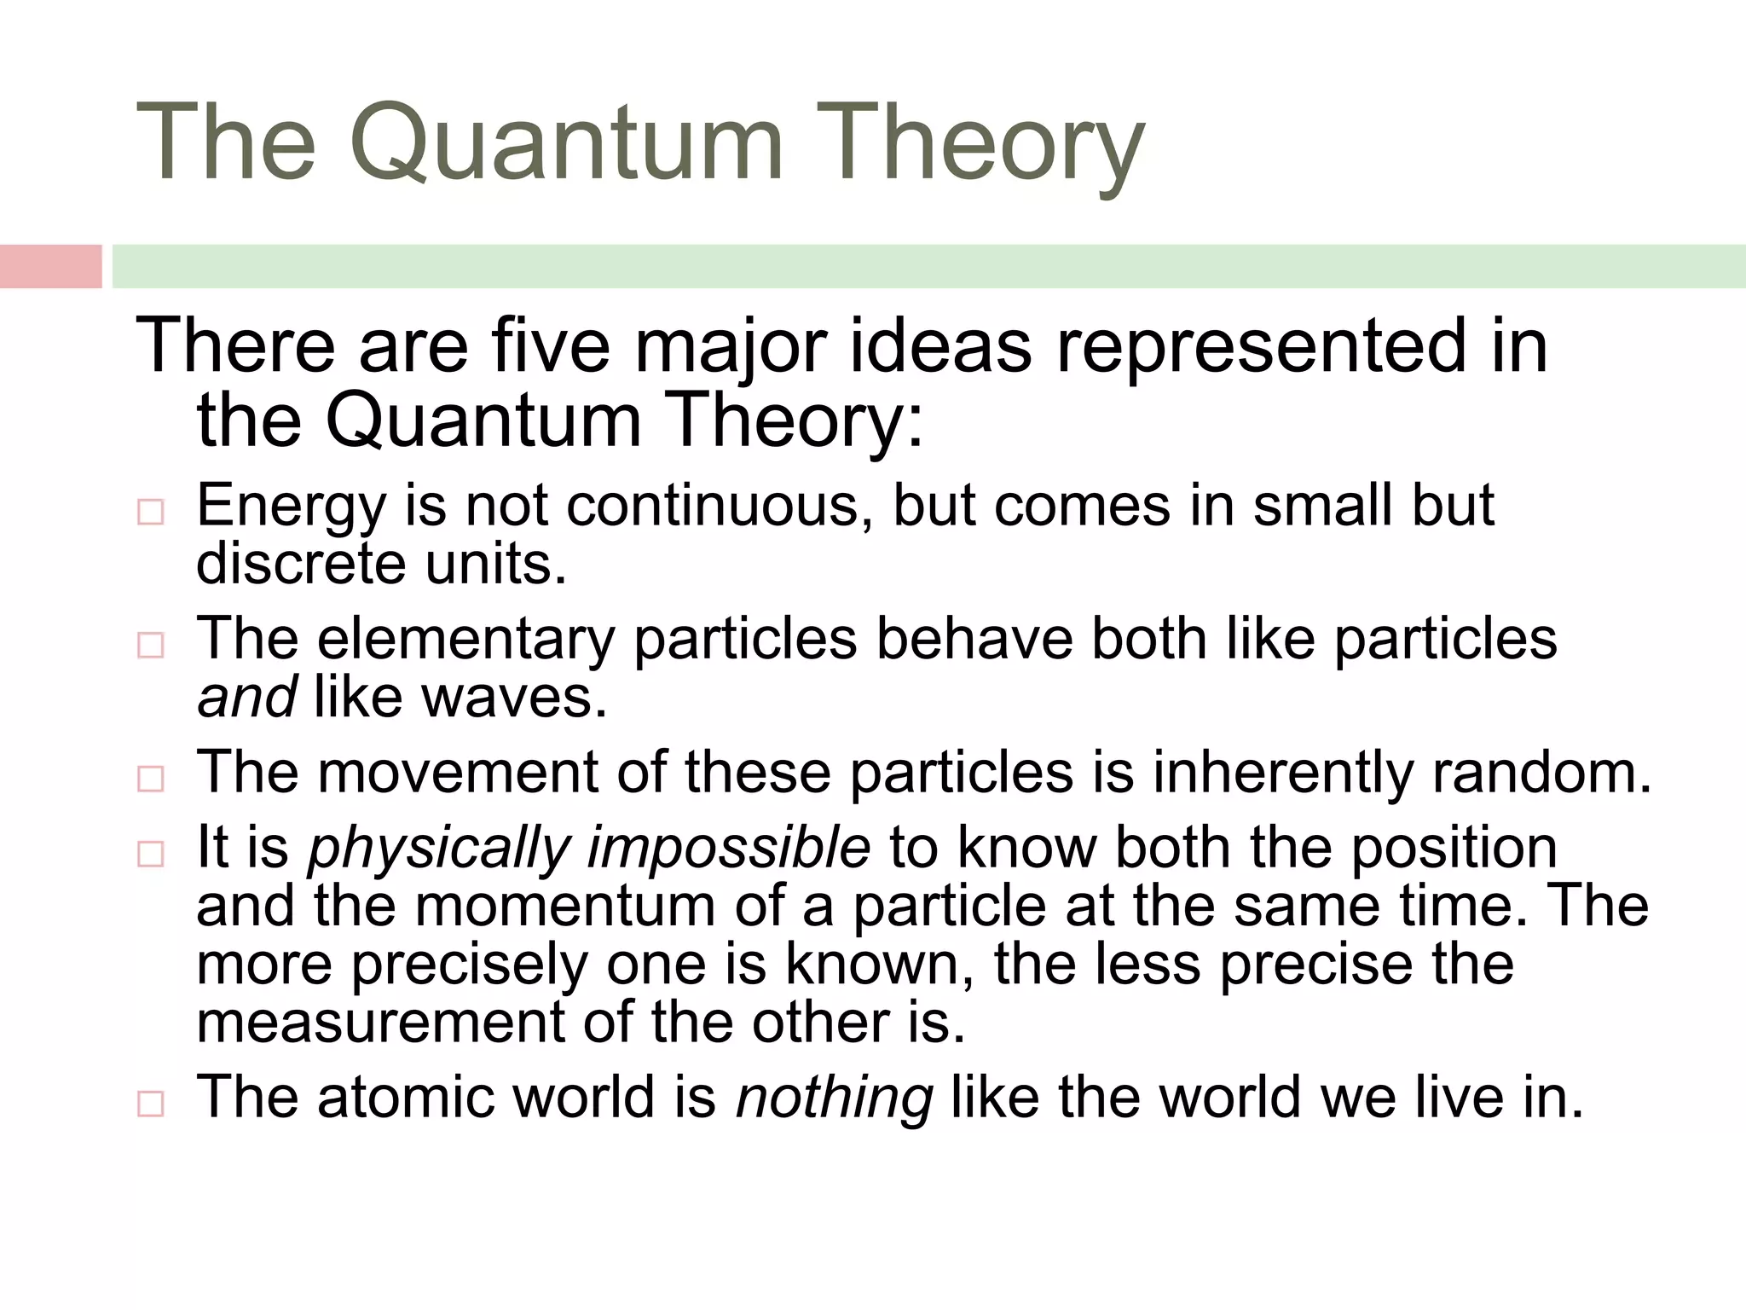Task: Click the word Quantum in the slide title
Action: pyautogui.click(x=564, y=142)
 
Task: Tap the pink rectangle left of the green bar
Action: pyautogui.click(x=50, y=266)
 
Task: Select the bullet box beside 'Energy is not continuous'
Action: pyautogui.click(x=150, y=513)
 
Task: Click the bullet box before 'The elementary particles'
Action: pyautogui.click(x=150, y=646)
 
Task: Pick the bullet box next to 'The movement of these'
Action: pyautogui.click(x=150, y=779)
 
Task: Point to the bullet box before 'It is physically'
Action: pyautogui.click(x=150, y=854)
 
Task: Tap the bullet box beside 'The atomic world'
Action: pyautogui.click(x=150, y=1104)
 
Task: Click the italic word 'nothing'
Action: pyautogui.click(x=834, y=1098)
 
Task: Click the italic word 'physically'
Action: pyautogui.click(x=438, y=848)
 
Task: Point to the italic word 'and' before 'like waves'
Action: pyautogui.click(x=246, y=697)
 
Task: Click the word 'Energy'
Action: pyautogui.click(x=291, y=507)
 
